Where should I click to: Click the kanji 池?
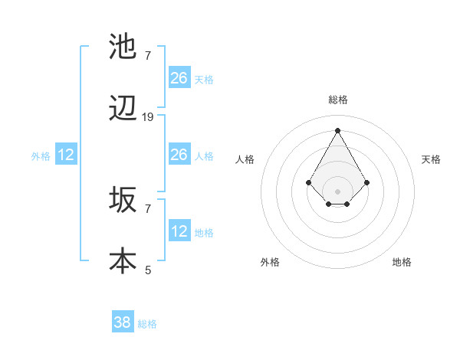coord(123,46)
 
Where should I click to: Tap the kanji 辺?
coord(123,110)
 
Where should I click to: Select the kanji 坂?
coord(123,201)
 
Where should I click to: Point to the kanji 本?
coord(123,260)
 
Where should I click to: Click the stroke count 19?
coord(148,117)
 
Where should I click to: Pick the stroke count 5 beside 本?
coord(148,270)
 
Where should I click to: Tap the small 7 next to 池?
coord(148,55)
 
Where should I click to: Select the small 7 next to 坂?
coord(148,208)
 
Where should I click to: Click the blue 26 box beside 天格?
coord(179,78)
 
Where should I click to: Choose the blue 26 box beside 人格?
coord(179,155)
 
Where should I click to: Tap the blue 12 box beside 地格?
coord(179,231)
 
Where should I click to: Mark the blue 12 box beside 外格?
coord(66,155)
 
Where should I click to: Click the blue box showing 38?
coord(123,322)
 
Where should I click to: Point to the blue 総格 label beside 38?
coord(147,324)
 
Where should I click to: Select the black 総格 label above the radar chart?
coord(337,100)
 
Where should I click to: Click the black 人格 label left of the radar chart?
coord(245,159)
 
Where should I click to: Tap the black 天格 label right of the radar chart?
coord(431,159)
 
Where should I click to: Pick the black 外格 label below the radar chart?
coord(270,262)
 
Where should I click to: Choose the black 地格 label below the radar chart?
coord(402,262)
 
